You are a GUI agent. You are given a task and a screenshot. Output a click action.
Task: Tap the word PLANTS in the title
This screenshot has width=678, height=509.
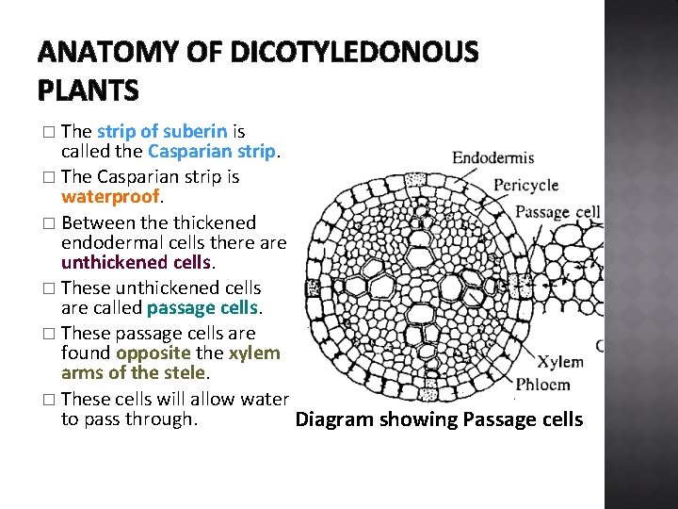coord(89,91)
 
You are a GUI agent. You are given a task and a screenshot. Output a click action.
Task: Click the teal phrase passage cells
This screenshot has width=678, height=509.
coord(202,308)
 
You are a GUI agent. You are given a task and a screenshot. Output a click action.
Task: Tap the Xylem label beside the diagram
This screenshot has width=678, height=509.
coord(560,363)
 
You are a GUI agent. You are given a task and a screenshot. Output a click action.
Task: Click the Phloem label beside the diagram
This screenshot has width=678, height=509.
coord(543,385)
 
